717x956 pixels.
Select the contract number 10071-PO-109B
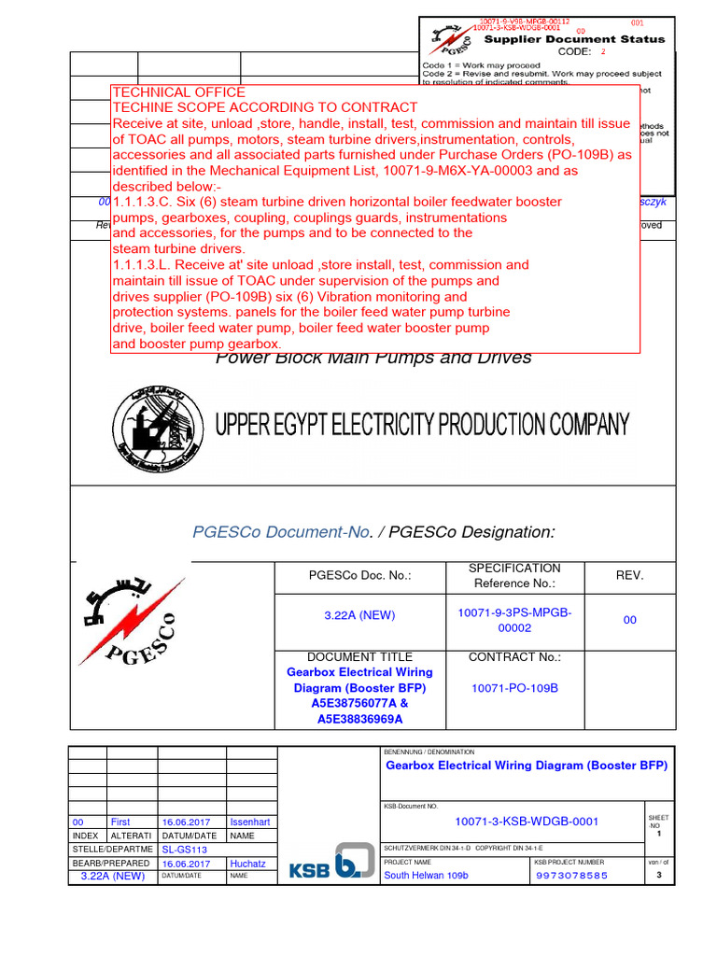coord(514,688)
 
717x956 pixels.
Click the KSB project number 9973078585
coord(572,876)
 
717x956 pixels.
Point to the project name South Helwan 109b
coord(426,876)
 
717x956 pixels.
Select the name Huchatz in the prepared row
coord(247,864)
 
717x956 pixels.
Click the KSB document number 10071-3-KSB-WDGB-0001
coord(513,822)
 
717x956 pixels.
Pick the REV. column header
coord(629,575)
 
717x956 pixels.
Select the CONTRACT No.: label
coord(514,657)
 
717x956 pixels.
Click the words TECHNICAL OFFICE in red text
coord(178,92)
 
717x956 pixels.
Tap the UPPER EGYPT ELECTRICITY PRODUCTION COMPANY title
coord(422,426)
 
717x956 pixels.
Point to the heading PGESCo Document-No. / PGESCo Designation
coord(373,532)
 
